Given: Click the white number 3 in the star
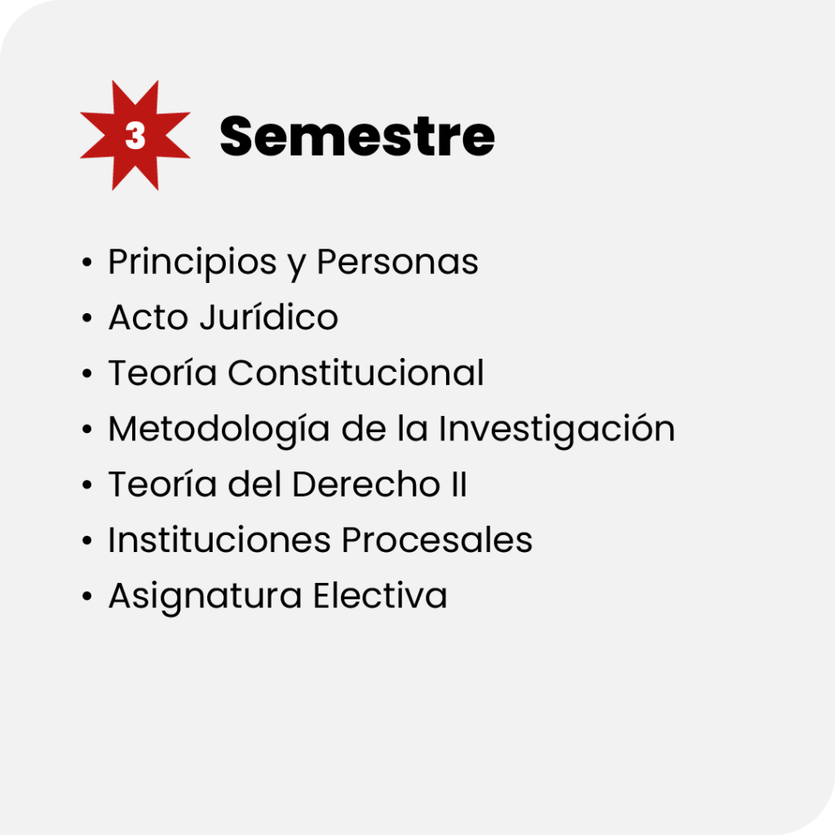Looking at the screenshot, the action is [135, 136].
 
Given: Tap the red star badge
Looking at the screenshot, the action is [135, 135].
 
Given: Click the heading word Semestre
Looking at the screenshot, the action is [357, 137].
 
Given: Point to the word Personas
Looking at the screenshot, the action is [398, 262].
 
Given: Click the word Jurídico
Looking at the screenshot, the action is [269, 317].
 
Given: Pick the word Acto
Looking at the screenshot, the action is [148, 317].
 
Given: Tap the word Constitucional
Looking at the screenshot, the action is [356, 372].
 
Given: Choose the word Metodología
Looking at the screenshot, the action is [219, 430].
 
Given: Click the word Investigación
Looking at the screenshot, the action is [557, 430].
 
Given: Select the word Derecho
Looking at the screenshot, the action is [366, 484].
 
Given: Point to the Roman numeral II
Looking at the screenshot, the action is [459, 484].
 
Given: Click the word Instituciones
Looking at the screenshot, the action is [219, 540].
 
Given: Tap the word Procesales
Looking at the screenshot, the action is [437, 540].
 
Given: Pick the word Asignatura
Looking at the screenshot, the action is [205, 596].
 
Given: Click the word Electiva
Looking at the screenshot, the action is [380, 594].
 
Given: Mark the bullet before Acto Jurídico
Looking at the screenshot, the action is [87, 318].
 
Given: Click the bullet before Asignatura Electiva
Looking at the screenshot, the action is [87, 596].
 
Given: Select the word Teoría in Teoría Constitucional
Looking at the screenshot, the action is [163, 372].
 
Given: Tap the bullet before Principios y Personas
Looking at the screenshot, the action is [87, 262].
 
